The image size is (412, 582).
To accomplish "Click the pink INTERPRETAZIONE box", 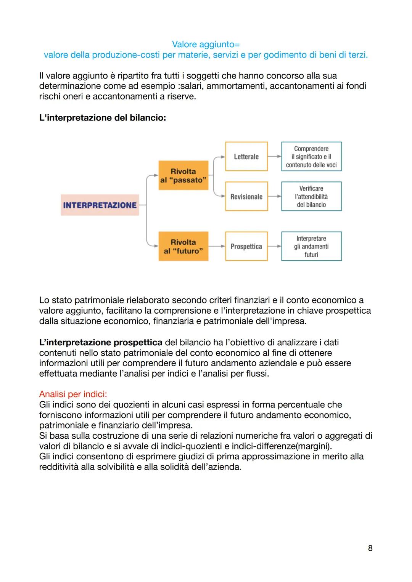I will (100, 205).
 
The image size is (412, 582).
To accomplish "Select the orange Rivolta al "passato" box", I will (183, 176).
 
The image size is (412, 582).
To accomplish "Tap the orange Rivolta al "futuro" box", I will (183, 246).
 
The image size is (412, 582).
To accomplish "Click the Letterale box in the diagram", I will (246, 156).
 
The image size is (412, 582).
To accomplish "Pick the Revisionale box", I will (246, 197).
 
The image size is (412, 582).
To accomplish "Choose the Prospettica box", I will (246, 246).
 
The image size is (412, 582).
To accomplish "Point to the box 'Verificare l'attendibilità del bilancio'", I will (311, 197).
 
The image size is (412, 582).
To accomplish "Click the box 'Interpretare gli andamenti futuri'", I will (311, 246).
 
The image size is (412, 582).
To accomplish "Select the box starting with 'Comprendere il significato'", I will (311, 156).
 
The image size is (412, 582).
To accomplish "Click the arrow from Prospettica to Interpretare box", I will (274, 246).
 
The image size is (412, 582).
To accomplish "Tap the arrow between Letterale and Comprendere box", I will (274, 156).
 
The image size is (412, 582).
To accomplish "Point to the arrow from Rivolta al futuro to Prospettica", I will (217, 246).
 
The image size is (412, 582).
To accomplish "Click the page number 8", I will (370, 548).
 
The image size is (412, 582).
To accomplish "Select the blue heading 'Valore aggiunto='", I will (206, 45).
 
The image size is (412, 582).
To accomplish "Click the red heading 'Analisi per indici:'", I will (73, 394).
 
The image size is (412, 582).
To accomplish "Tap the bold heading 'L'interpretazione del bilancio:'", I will (102, 118).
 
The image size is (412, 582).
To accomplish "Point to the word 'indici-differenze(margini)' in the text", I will (282, 446).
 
